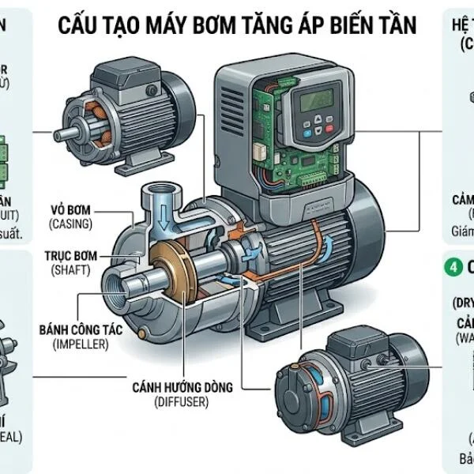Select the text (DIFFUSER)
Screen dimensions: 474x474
[x=182, y=403]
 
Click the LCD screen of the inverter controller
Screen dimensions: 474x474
[x=309, y=101]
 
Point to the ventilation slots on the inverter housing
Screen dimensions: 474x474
[x=232, y=111]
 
